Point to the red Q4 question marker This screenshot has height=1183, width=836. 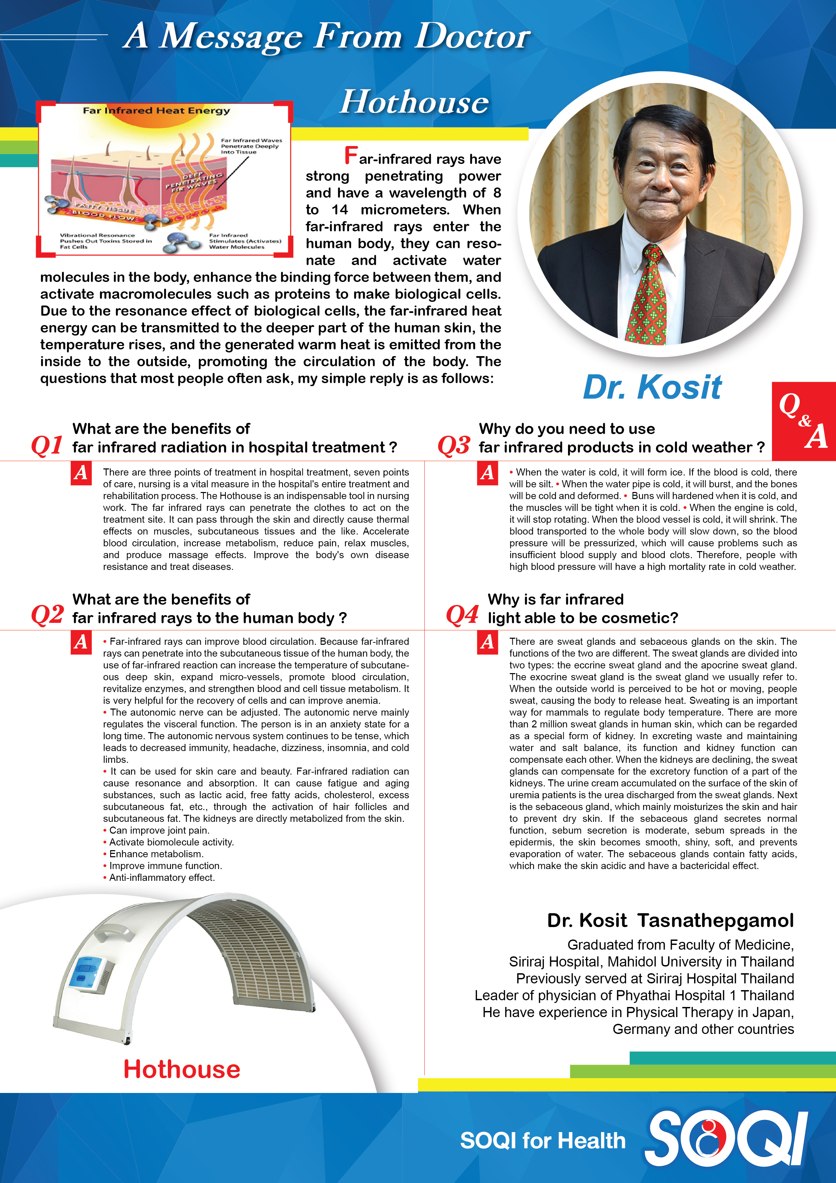pos(462,615)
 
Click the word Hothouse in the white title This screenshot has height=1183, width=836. pos(414,102)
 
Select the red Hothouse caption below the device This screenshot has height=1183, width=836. pos(181,1069)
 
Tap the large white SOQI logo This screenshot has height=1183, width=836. pos(726,1139)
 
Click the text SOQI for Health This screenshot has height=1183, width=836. pos(542,1140)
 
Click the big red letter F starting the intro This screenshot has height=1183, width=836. pos(351,155)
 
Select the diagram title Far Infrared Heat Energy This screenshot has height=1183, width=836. pos(156,111)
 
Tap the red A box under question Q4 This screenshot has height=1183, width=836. pos(487,642)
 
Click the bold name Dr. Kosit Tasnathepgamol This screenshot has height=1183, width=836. pos(670,920)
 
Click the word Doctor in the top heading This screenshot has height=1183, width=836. pos(472,37)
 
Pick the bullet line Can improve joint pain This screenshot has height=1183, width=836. pos(159,830)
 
